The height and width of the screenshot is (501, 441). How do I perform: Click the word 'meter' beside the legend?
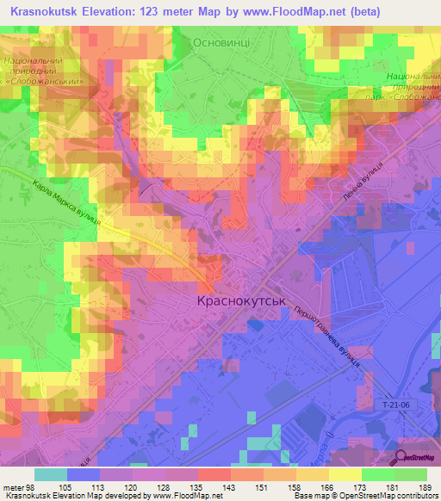coord(13,488)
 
